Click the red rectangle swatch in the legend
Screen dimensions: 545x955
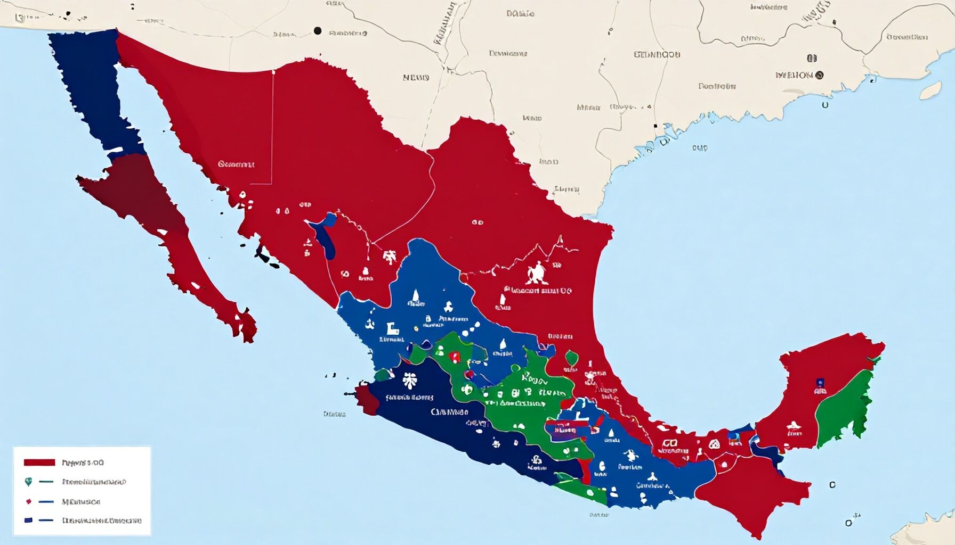click(x=39, y=463)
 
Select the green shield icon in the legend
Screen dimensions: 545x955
click(x=28, y=482)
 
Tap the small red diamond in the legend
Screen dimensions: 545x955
click(x=28, y=501)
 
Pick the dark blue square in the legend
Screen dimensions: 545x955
click(x=28, y=521)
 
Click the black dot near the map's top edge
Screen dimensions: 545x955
click(x=318, y=31)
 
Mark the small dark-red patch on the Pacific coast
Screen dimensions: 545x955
click(x=367, y=400)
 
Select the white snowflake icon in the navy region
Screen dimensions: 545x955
click(x=409, y=380)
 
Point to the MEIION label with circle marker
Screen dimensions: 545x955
click(x=799, y=75)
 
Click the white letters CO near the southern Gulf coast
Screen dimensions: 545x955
click(x=670, y=443)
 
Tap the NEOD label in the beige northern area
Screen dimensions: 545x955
click(x=416, y=78)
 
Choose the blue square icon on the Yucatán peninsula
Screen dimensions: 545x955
click(x=820, y=382)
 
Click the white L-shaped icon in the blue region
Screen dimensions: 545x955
click(x=392, y=330)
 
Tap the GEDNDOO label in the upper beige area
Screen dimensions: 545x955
click(x=657, y=54)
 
